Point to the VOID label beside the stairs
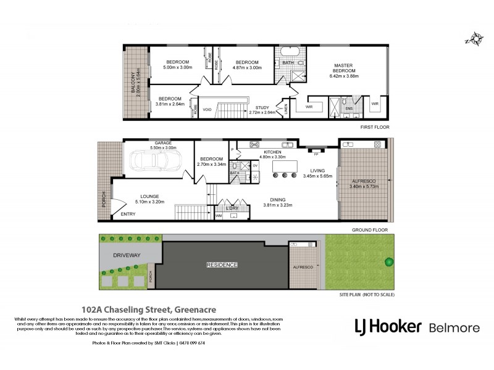[x=207, y=110]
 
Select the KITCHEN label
[x=272, y=152]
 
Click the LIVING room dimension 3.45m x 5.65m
[x=318, y=176]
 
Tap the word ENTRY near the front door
[x=128, y=214]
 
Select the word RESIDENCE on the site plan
[x=221, y=265]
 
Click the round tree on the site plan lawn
[x=389, y=262]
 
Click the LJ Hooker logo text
[x=387, y=326]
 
